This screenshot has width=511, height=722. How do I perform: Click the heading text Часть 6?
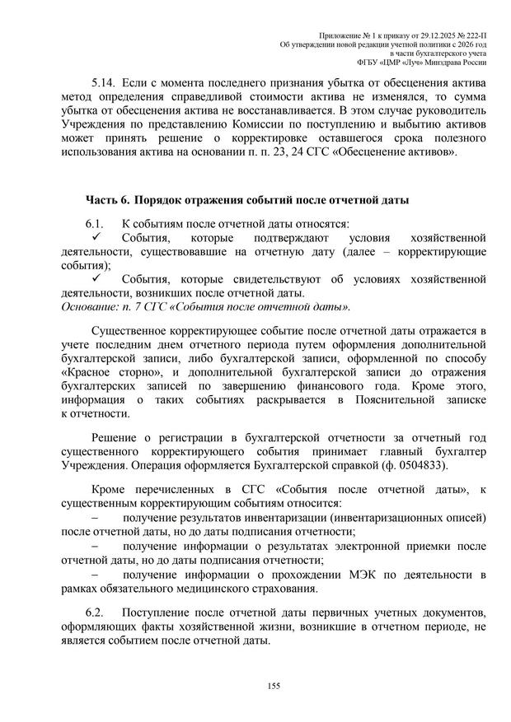coord(108,200)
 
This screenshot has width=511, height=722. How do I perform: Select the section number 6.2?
coord(98,613)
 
